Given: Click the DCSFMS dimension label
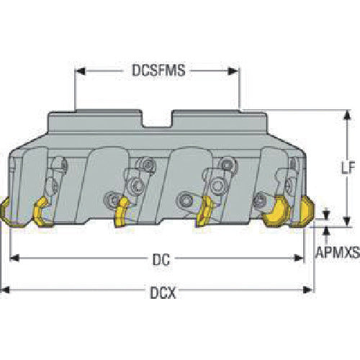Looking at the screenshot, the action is (x=158, y=71).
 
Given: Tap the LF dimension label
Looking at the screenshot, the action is (x=348, y=167).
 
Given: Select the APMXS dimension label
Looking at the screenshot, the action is (x=338, y=252).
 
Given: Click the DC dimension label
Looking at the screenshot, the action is (x=161, y=259).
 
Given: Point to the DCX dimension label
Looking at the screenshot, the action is (x=163, y=292).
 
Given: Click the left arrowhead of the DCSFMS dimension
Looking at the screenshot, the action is (x=80, y=71).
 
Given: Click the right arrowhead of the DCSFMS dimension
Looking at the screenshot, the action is (x=233, y=71).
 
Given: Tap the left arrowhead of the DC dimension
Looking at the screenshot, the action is (x=14, y=258).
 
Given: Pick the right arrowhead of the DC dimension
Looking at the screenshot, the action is (x=299, y=258).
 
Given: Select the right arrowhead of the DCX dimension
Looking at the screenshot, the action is (x=308, y=289).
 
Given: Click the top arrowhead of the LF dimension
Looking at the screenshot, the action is (x=346, y=115).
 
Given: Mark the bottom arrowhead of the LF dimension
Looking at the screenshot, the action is (x=346, y=221).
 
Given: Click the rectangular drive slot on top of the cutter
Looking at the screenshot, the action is (x=157, y=119).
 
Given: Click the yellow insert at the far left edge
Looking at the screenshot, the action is (x=5, y=211).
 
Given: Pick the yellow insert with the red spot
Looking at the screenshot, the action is (x=204, y=211).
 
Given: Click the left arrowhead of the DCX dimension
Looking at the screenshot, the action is (x=5, y=289).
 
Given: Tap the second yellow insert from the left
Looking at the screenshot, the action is (x=41, y=211).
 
